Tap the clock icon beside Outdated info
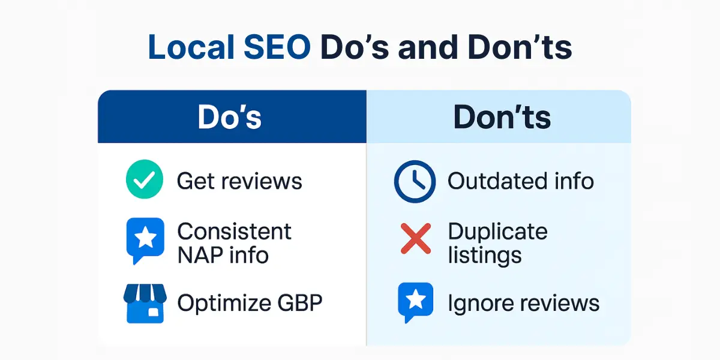(x=414, y=181)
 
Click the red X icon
(x=415, y=239)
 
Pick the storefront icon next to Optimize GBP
(x=144, y=302)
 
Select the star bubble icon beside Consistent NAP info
(x=145, y=240)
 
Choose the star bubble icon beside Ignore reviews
(x=415, y=302)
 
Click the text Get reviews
(x=239, y=181)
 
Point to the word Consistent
(x=235, y=231)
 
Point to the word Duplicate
(x=497, y=231)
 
